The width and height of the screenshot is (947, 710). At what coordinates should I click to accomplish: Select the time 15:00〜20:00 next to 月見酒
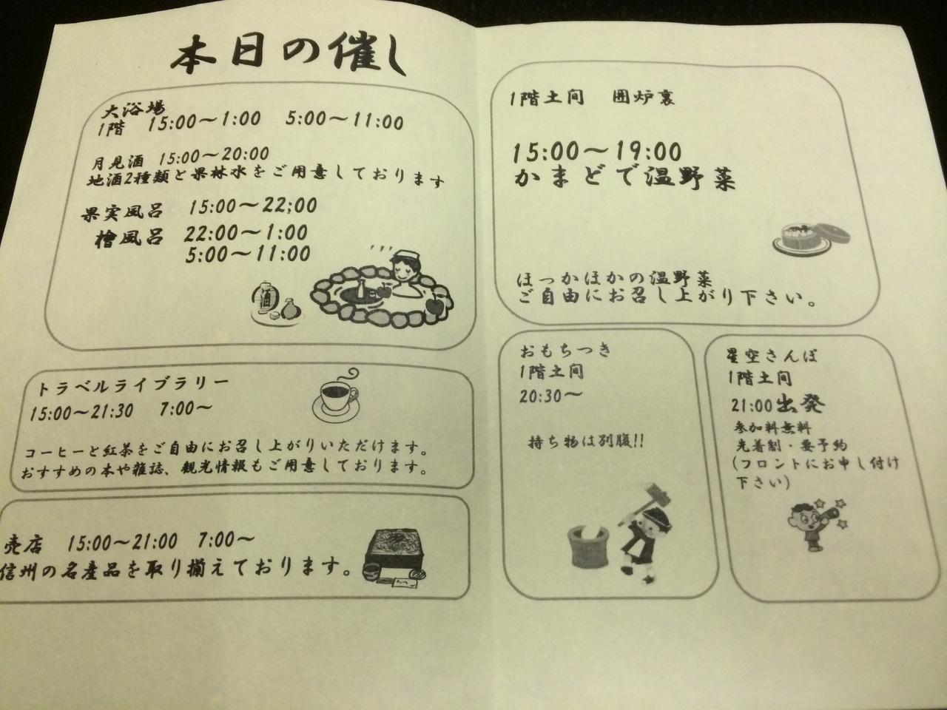tap(214, 155)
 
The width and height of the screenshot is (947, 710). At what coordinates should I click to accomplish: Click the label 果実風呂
tap(123, 212)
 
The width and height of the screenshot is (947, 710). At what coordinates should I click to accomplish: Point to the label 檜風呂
tap(129, 238)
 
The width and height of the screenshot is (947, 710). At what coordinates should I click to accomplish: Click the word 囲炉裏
tap(643, 98)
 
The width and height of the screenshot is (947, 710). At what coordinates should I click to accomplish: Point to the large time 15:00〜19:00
tap(597, 152)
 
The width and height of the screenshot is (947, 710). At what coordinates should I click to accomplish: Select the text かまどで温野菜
tap(624, 178)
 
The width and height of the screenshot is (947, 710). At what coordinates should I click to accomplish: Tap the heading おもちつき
tap(566, 350)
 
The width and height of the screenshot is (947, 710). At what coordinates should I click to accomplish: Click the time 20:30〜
tap(550, 396)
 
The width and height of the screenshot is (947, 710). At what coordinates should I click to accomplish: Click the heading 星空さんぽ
tap(772, 356)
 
